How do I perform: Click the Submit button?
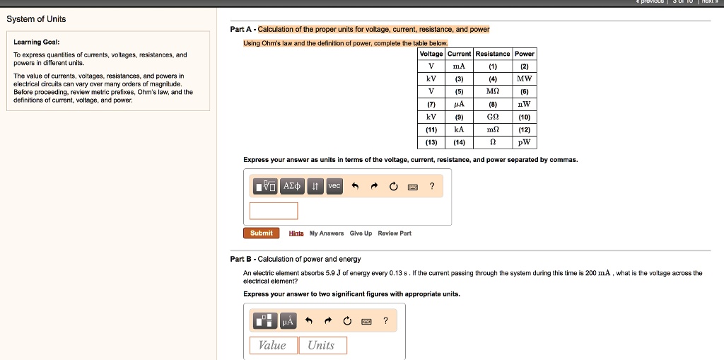[261, 233]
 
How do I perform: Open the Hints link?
[296, 233]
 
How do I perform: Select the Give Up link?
[361, 233]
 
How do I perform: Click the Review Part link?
[395, 233]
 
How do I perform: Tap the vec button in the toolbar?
[334, 186]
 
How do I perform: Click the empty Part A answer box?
[274, 211]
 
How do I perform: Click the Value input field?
[273, 345]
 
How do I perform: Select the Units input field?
[322, 345]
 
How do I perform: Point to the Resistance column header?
[493, 54]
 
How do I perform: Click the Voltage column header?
[431, 54]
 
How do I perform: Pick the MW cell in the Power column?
[524, 79]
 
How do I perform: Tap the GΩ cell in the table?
[493, 117]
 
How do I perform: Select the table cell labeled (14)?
[459, 142]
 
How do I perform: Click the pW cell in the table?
[524, 142]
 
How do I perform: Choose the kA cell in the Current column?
[459, 129]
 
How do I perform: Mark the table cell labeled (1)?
[493, 66]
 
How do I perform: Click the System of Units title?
[36, 19]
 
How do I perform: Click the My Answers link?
[327, 233]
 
